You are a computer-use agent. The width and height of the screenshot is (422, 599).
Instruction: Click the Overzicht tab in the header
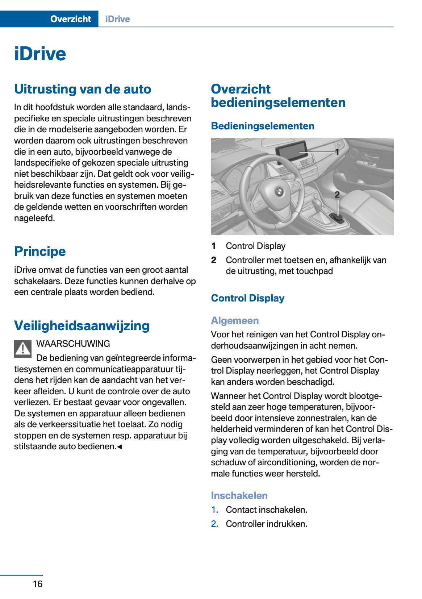coord(71,19)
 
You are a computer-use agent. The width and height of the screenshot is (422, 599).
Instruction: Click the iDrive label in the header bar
coord(117,19)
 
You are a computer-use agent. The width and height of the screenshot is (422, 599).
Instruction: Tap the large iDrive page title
coord(40,54)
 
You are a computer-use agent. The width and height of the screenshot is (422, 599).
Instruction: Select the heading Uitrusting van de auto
coord(83,89)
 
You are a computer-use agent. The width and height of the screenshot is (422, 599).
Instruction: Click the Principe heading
coord(40,251)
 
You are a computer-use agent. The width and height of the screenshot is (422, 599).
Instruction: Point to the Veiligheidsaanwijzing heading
coord(82,325)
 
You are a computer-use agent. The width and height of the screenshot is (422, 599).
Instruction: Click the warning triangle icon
coord(23,349)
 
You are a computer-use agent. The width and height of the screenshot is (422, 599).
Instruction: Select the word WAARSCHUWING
coord(73,344)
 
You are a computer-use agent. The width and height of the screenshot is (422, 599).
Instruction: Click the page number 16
coord(37,584)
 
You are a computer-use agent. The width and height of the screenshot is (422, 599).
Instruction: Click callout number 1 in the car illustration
coord(337,152)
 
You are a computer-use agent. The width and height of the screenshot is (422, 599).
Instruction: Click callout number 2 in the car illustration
coord(337,195)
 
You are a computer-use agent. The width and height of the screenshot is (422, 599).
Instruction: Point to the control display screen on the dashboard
coord(291,151)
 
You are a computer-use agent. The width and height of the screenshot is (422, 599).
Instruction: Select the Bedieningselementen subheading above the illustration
coord(263,126)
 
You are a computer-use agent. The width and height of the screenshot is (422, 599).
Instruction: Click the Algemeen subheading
coord(235,320)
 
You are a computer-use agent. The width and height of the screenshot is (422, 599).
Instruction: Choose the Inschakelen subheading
coord(239,495)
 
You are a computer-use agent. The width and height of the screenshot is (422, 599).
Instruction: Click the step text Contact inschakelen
coord(266,509)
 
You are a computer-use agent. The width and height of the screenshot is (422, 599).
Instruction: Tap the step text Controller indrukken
coord(266,524)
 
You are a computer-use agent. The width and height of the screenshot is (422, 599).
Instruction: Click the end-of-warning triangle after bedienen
coord(120,447)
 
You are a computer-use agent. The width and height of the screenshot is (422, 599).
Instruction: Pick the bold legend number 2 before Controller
coord(214,260)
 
